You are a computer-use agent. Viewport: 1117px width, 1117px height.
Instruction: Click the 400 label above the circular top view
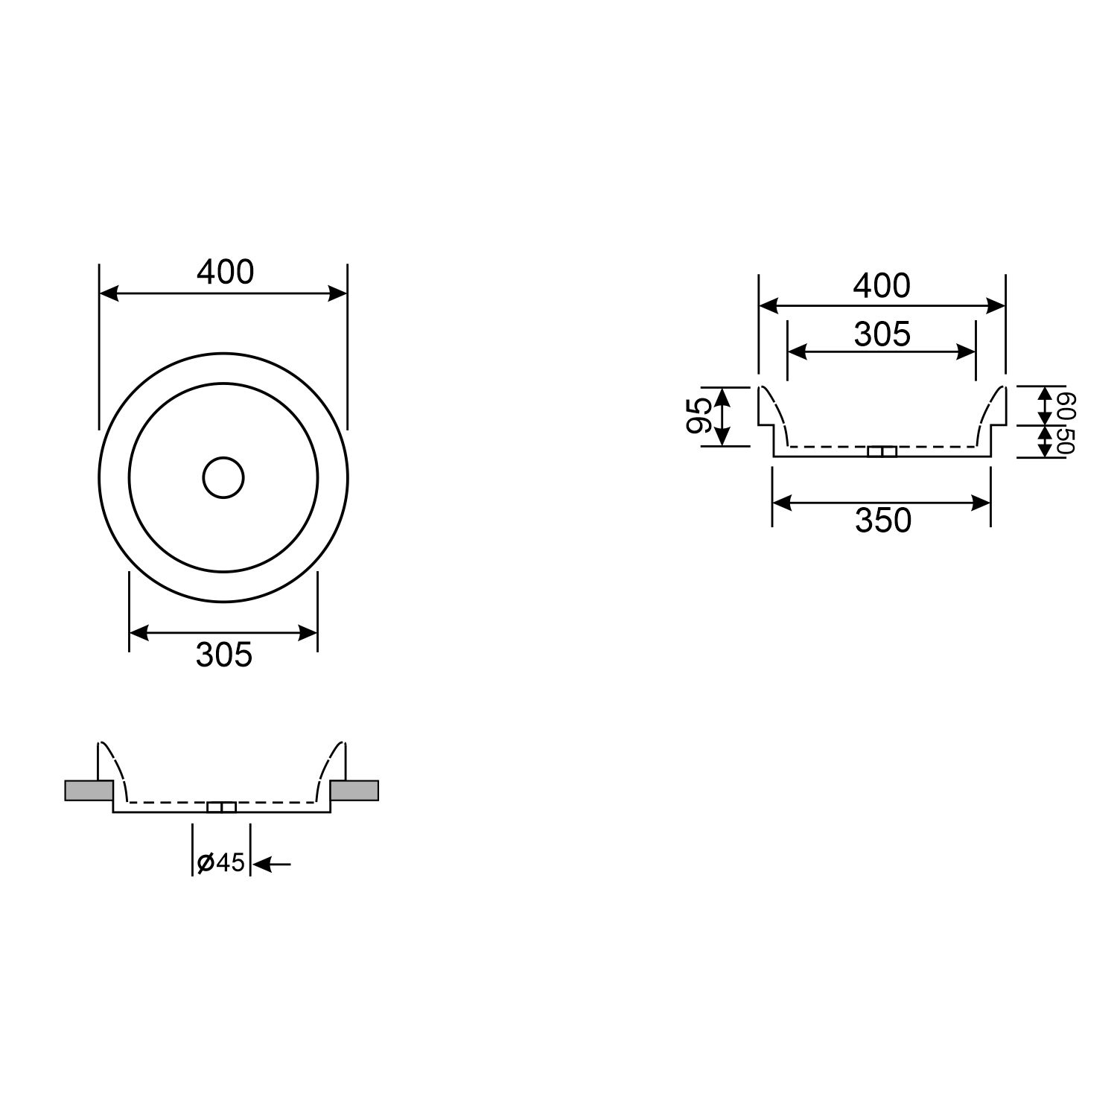(225, 273)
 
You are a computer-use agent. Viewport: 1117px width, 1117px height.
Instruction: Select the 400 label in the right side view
(882, 286)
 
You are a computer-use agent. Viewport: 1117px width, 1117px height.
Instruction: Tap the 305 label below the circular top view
(224, 655)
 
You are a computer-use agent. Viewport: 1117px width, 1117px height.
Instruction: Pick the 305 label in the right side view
(882, 334)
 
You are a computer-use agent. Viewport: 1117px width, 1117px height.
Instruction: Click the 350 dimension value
(882, 521)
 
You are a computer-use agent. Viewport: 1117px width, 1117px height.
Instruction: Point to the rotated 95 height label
(699, 416)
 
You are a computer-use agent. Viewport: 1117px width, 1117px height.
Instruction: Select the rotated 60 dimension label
(1066, 407)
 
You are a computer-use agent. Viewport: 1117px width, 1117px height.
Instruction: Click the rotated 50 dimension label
(1066, 441)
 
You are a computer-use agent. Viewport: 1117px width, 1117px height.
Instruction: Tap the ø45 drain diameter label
(221, 862)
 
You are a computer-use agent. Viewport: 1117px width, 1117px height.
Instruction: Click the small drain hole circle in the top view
(223, 478)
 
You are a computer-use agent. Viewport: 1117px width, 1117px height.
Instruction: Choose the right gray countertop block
(354, 790)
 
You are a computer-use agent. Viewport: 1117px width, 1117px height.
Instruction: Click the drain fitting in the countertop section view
(221, 808)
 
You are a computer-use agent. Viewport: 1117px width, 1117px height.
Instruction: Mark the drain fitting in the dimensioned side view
(883, 451)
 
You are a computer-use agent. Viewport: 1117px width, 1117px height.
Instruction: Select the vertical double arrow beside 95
(722, 416)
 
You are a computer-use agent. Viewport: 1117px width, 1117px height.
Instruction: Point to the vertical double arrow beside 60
(1046, 406)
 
